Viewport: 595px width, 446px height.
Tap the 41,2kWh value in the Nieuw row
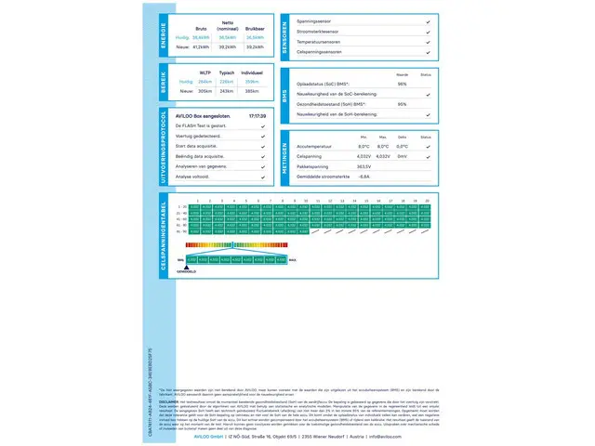[202, 45]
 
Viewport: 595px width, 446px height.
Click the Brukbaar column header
[253, 29]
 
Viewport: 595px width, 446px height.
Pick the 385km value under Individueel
[251, 90]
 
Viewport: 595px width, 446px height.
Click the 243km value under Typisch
[226, 90]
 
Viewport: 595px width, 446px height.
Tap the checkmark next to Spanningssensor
[428, 20]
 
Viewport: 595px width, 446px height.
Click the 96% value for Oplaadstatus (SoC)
[402, 84]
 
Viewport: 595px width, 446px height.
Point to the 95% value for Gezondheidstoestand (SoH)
[402, 104]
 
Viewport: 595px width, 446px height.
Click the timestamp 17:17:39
[258, 116]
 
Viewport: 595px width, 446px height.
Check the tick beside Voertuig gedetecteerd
[263, 136]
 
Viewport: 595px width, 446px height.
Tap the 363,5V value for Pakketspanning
[364, 165]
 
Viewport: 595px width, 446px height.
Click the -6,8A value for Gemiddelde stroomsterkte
[364, 176]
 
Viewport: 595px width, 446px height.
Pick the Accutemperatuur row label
[314, 146]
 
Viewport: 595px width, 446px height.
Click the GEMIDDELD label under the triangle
[187, 271]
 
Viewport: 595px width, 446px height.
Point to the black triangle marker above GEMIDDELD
[187, 266]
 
